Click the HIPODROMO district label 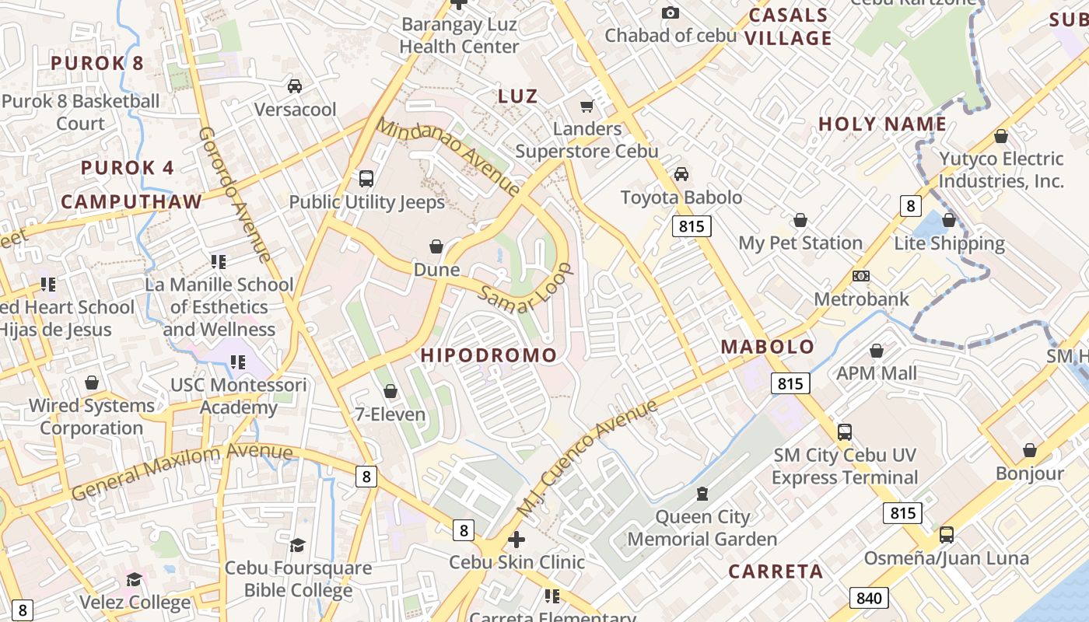pyautogui.click(x=489, y=355)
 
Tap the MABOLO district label pyautogui.click(x=768, y=347)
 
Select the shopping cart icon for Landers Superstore pyautogui.click(x=587, y=106)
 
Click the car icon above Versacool pyautogui.click(x=295, y=86)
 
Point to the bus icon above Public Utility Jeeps pyautogui.click(x=366, y=179)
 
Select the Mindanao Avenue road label pyautogui.click(x=449, y=156)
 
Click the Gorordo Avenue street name pyautogui.click(x=234, y=194)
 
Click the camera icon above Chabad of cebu pyautogui.click(x=670, y=12)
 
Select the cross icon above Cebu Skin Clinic pyautogui.click(x=516, y=539)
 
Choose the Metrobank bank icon pyautogui.click(x=860, y=276)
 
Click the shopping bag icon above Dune pyautogui.click(x=436, y=246)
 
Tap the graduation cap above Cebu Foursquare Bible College pyautogui.click(x=297, y=544)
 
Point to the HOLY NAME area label pyautogui.click(x=882, y=124)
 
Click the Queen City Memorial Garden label pyautogui.click(x=702, y=528)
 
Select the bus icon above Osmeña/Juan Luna pyautogui.click(x=946, y=535)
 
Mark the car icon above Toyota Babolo pyautogui.click(x=681, y=174)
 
